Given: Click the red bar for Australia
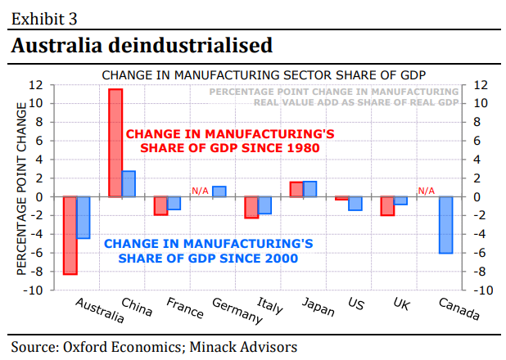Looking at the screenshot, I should tap(70, 235).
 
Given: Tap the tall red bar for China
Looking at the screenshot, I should tap(115, 142).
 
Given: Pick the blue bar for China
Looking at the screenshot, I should tap(129, 183).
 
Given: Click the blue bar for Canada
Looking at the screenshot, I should tap(445, 225).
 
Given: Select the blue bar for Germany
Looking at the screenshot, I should tap(219, 191).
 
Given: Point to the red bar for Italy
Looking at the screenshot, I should tap(251, 207).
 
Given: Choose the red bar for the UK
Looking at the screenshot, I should tap(387, 205).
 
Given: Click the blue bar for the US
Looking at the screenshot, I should tap(355, 203).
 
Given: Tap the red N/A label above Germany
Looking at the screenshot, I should tap(201, 191).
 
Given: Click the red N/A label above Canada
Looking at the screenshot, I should tap(427, 191).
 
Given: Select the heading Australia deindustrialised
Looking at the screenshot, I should tap(141, 46).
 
